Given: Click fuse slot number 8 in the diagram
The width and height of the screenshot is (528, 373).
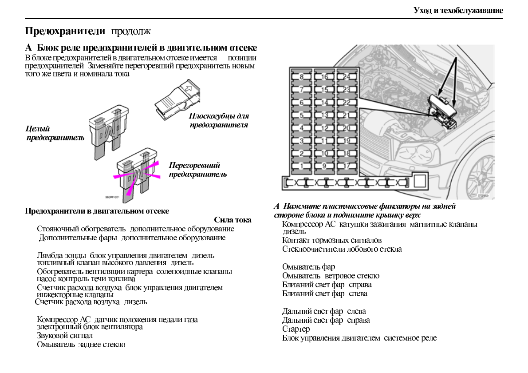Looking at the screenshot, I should click(x=301, y=77).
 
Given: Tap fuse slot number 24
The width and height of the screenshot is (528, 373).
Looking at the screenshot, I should click(x=347, y=77).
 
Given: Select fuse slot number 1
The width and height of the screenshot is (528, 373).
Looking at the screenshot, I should click(x=301, y=166).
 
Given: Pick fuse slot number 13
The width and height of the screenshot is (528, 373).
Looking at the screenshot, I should click(x=324, y=115).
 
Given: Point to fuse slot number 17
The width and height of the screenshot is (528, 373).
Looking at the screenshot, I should click(x=347, y=166).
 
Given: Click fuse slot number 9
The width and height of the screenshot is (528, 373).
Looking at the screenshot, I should click(x=324, y=166).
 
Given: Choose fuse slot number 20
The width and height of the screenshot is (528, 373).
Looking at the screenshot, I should click(x=347, y=128).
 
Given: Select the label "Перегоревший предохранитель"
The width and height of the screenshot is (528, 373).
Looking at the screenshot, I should click(x=197, y=170).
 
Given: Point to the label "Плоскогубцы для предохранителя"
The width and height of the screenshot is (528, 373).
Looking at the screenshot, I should click(x=219, y=120).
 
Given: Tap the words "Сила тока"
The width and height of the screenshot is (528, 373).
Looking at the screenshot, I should click(x=232, y=220).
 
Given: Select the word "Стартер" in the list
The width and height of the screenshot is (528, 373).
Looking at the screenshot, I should click(x=296, y=329).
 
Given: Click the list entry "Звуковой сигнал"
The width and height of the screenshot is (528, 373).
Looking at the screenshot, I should click(x=65, y=335).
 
